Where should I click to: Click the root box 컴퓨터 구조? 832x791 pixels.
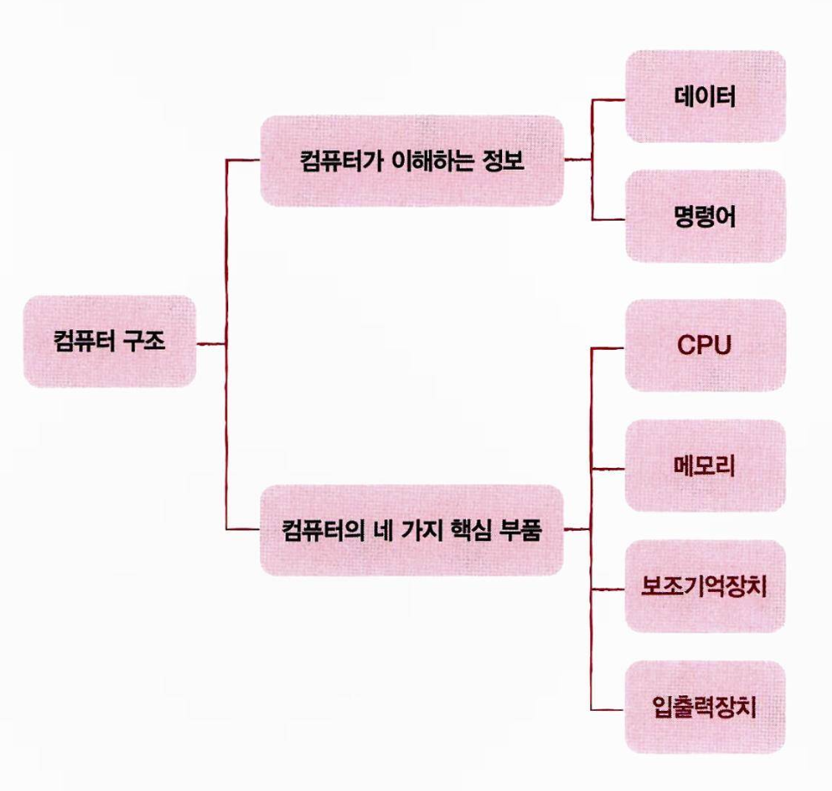109,341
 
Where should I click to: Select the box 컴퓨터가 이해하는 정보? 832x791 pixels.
413,161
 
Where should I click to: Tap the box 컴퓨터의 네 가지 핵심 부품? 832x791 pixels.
413,530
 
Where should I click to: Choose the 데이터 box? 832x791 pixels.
705,96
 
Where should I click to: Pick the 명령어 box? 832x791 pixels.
705,215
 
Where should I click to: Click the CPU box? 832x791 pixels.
705,346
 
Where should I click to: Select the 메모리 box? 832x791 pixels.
705,466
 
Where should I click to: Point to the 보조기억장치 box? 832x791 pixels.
705,588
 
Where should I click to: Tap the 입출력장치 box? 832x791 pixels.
705,707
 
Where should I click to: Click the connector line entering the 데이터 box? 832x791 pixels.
607,101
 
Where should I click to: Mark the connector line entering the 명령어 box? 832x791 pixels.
607,221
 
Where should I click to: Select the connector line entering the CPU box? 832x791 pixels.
607,349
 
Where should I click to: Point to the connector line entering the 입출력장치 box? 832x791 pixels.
607,709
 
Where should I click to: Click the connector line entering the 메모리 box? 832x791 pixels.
607,469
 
